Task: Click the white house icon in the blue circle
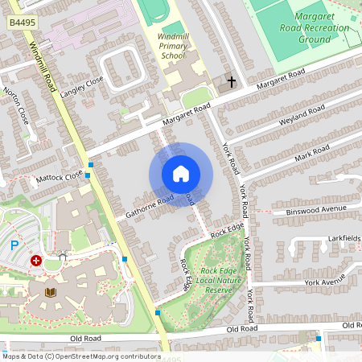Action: click(181, 174)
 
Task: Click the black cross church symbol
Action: click(232, 81)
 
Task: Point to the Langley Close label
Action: click(82, 86)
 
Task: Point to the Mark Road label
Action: click(311, 151)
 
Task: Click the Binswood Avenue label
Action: click(315, 211)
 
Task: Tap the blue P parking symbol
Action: click(14, 245)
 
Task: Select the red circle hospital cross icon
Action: click(36, 261)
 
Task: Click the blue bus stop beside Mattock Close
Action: click(91, 165)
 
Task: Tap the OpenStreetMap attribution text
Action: click(80, 356)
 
